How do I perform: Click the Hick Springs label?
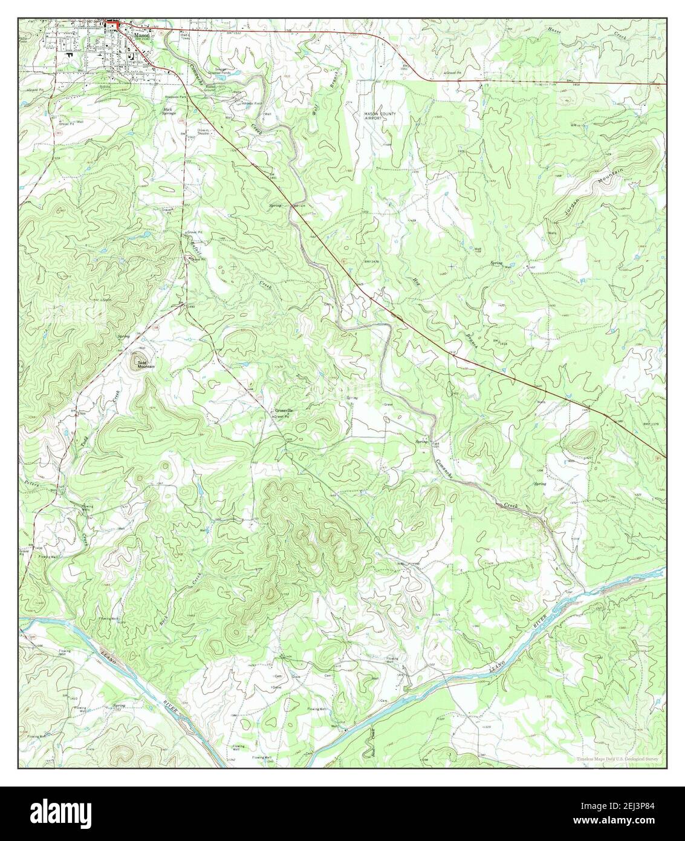coord(154,111)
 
